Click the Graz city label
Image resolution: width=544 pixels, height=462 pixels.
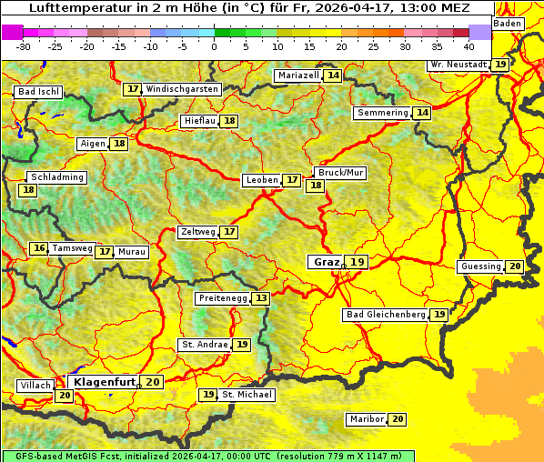(326, 262)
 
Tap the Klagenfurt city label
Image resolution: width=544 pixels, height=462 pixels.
(104, 382)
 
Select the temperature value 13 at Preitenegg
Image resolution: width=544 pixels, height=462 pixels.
(262, 298)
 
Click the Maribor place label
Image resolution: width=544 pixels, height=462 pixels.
(366, 419)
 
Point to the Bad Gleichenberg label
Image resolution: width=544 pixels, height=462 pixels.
(385, 315)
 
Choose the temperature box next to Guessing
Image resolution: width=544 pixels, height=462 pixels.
(515, 266)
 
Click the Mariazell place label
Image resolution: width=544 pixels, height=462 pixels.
(298, 75)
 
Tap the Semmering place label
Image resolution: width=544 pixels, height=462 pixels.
(383, 113)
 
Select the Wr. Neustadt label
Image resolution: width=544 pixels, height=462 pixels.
(458, 65)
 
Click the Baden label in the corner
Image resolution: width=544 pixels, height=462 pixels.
(509, 23)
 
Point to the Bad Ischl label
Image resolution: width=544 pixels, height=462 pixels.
(38, 92)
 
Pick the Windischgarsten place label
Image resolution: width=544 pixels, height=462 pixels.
(182, 89)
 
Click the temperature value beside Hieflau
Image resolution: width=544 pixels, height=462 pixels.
(230, 121)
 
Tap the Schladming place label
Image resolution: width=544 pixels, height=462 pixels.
(57, 177)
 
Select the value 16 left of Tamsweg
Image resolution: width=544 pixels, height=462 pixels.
(38, 248)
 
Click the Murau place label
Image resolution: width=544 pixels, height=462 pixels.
(132, 252)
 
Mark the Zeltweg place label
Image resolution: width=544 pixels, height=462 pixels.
(198, 232)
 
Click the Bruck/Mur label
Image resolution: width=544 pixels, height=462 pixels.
(340, 173)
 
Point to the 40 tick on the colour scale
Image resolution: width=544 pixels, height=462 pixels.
(468, 45)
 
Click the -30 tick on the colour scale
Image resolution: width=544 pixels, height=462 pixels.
(24, 45)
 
